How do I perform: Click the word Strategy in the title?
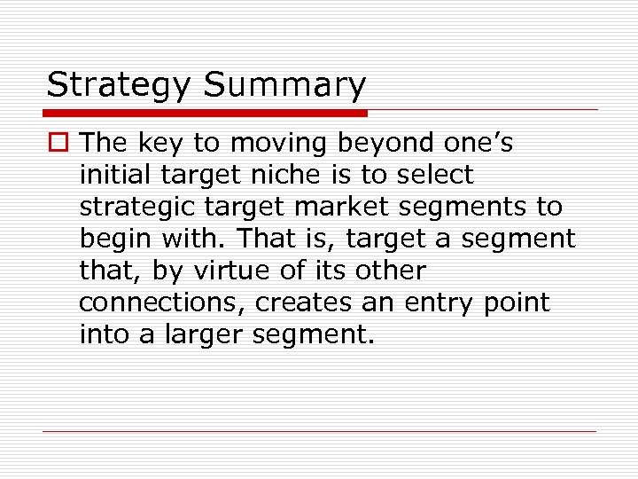[x=118, y=86]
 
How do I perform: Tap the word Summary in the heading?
[x=284, y=86]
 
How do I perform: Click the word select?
[x=438, y=175]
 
